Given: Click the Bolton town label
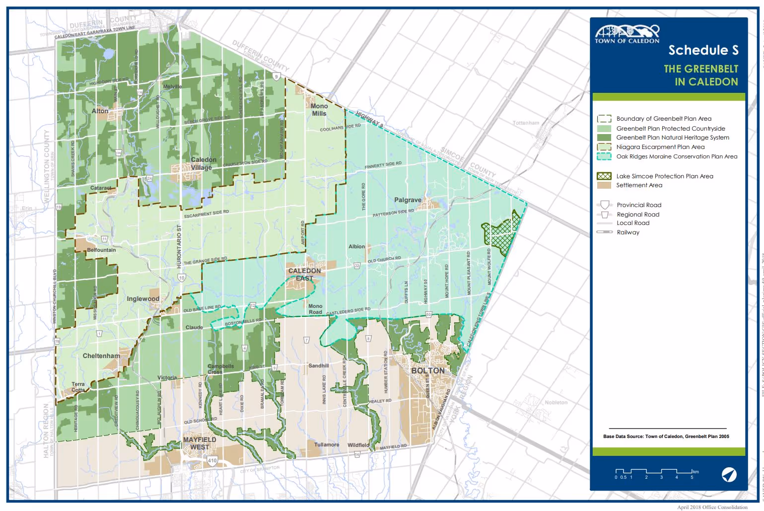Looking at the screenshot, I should (427, 371).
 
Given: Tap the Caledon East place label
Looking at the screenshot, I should (305, 275).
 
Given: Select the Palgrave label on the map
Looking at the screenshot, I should (408, 200).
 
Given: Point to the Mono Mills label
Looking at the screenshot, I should (319, 110).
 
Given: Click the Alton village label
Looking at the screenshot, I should (100, 111).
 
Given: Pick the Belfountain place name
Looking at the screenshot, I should (101, 250).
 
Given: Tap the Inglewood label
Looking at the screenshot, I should (143, 299).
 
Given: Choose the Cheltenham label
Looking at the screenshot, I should (101, 356).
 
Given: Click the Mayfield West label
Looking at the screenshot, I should (200, 443).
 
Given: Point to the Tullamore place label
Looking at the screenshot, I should (327, 444).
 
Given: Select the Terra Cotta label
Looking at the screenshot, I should (78, 387).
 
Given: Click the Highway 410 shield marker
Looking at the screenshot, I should (212, 461).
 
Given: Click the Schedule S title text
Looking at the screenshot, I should (703, 50).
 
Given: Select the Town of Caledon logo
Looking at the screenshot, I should (627, 34).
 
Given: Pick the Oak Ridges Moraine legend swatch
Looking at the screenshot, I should (604, 156).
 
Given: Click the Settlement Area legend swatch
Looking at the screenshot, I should (604, 185).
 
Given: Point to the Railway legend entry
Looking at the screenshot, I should (627, 232).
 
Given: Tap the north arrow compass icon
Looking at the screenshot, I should (729, 475).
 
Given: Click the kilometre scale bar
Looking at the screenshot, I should (653, 472).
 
